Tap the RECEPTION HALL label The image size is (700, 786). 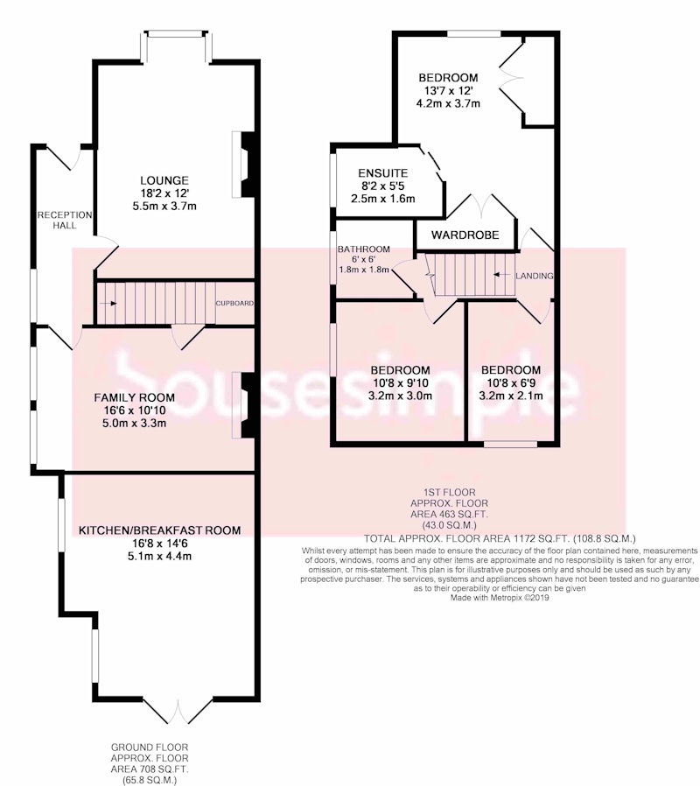pos(65,220)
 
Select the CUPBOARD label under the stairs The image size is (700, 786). pos(234,303)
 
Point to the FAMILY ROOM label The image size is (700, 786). pos(134,397)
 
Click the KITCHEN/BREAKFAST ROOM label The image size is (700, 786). pos(160,530)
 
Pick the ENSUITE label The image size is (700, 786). pos(383,173)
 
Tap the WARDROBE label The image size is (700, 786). pos(465,235)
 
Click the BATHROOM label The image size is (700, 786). pos(364,249)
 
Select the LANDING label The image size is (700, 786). pos(534,276)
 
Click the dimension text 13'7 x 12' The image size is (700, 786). pos(448,91)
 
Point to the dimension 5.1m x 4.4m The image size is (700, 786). pos(160,556)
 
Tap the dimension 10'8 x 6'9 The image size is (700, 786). pos(511,383)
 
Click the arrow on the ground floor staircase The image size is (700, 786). pos(108,303)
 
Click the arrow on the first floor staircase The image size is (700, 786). pos(501,275)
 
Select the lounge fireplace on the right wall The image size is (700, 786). pos(244,165)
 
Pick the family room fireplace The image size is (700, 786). pos(244,405)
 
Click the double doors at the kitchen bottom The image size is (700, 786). pos(178,711)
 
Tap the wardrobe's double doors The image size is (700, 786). pos(481,206)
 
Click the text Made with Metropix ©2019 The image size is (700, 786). pos(500,598)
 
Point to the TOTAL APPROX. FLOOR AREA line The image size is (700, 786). pos(500,539)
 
